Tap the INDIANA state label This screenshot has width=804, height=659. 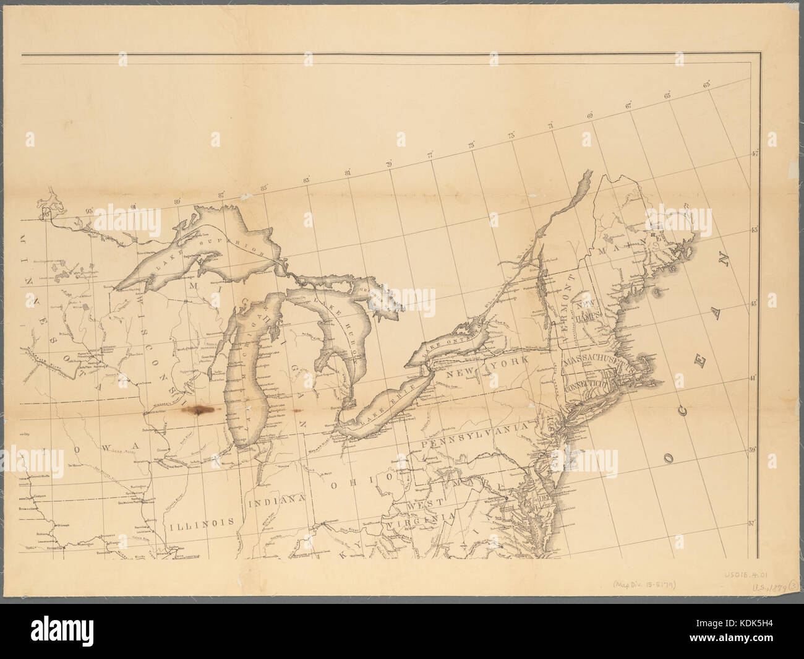click(277, 501)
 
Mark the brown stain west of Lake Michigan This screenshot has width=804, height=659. click(199, 410)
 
